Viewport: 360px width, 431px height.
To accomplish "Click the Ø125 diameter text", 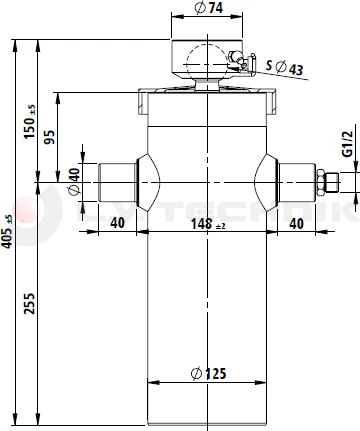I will pos(207,374).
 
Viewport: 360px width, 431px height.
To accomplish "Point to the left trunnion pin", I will pos(113,183).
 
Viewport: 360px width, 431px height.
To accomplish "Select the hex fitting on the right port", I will pos(322,183).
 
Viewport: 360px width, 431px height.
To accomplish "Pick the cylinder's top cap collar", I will pos(207,101).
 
